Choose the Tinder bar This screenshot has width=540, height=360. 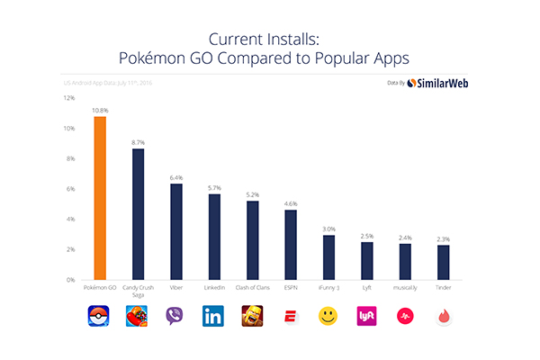[443, 262]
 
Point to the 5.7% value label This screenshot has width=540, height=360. [214, 187]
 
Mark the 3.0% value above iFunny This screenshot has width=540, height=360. [328, 229]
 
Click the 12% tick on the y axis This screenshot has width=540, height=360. [68, 98]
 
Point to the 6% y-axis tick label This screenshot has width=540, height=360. [70, 189]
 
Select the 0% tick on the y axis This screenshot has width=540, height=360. [70, 280]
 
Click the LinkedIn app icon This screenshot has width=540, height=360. [214, 317]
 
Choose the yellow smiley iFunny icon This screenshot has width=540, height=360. [328, 317]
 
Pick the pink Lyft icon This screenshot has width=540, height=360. [366, 317]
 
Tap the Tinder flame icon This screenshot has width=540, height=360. [443, 317]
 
